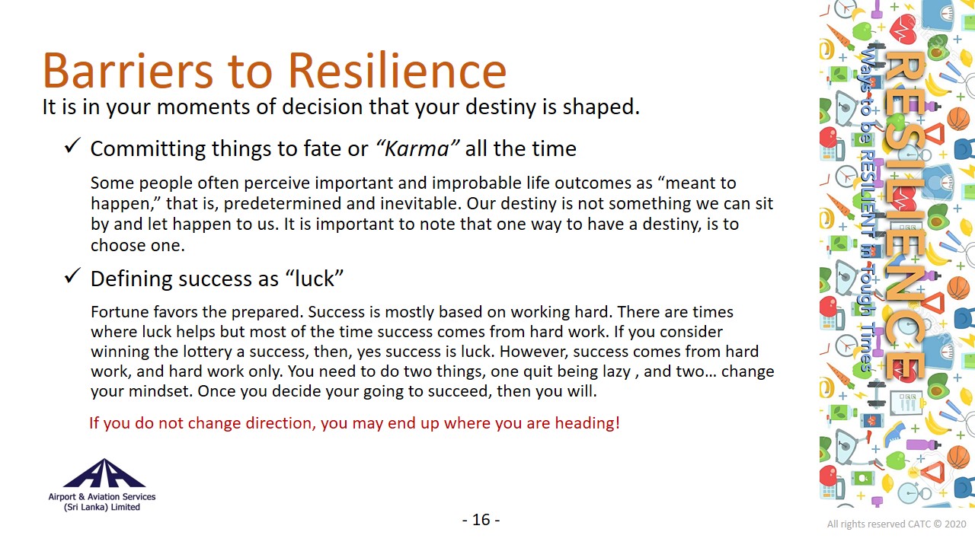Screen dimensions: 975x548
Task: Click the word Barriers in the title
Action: [x=127, y=71]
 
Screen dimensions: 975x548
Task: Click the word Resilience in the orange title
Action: [x=398, y=71]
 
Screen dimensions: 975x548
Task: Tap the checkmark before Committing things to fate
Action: [x=72, y=145]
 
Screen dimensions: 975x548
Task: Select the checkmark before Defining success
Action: [x=72, y=276]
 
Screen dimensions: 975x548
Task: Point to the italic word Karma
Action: [x=417, y=148]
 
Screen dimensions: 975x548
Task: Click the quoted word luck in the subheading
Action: [x=315, y=279]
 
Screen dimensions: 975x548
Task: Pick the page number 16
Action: [x=481, y=520]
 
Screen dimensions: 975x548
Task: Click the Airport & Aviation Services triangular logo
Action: [x=104, y=473]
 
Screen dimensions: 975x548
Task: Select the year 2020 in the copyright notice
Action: [x=955, y=524]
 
